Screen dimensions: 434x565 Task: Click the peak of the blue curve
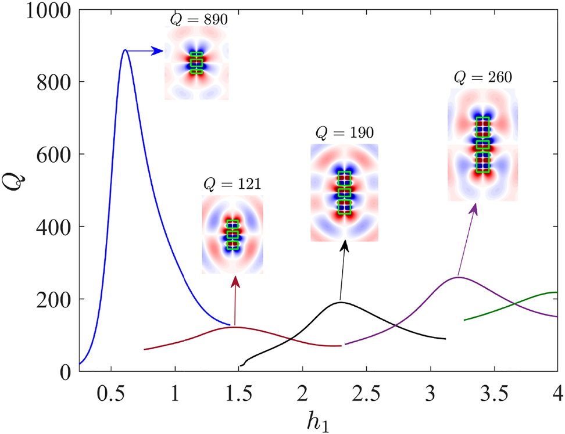(125, 50)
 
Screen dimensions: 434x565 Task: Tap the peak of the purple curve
(458, 277)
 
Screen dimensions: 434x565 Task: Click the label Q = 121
(232, 185)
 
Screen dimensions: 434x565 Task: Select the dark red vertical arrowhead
(235, 281)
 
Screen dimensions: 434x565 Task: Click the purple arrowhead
(475, 208)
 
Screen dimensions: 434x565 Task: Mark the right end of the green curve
(557, 292)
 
